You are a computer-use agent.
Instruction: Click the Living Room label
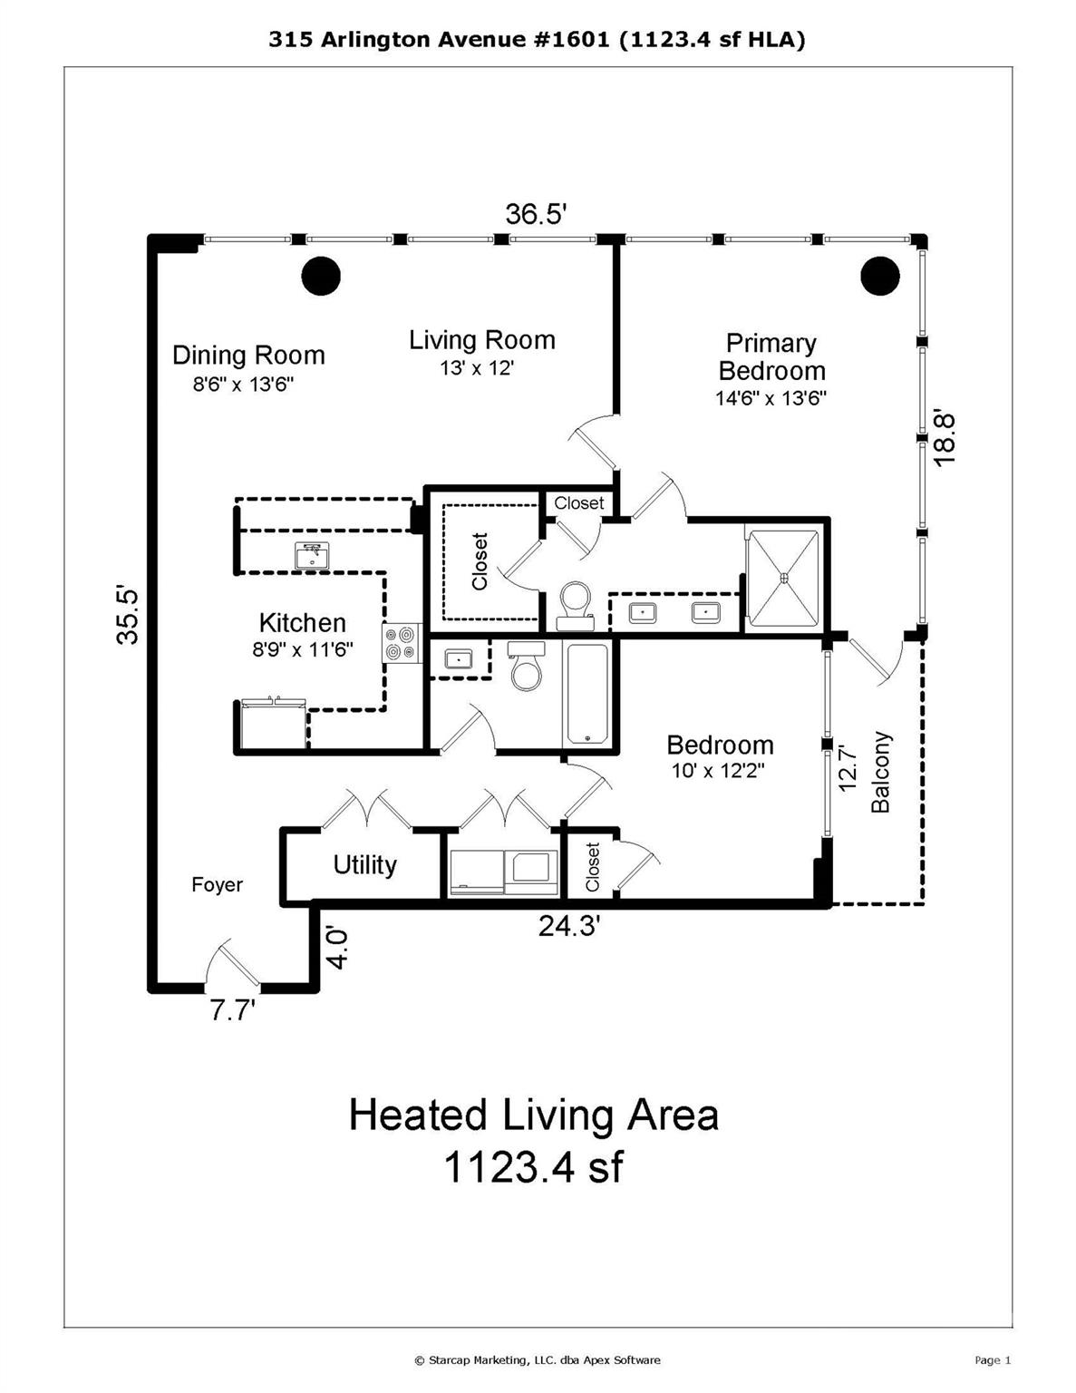(481, 341)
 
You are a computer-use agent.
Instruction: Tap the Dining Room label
(248, 356)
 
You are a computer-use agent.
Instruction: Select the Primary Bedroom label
(771, 357)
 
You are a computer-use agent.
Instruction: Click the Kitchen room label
(302, 623)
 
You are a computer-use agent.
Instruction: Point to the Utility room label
(364, 865)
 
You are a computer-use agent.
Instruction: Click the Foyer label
(217, 885)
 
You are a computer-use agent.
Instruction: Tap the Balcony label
(881, 773)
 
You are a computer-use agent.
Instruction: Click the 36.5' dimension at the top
(536, 215)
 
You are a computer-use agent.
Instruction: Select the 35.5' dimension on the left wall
(129, 616)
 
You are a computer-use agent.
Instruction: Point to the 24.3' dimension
(569, 926)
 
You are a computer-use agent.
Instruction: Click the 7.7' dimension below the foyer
(233, 1010)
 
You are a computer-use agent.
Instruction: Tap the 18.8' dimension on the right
(945, 438)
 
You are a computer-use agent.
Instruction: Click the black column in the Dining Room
(320, 275)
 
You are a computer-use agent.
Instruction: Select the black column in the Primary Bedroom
(879, 277)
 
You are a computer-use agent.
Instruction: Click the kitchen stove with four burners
(402, 643)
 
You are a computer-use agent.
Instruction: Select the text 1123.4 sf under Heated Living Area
(533, 1167)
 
